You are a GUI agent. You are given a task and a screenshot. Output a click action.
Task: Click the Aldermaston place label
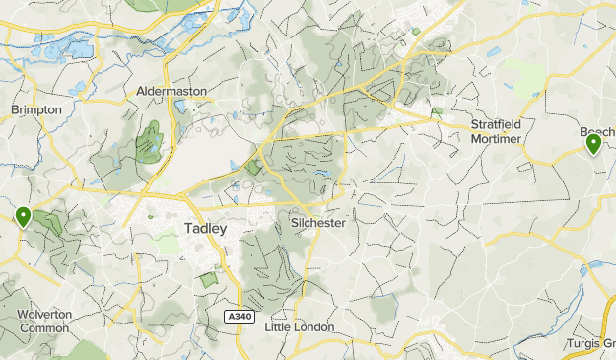pyautogui.click(x=172, y=90)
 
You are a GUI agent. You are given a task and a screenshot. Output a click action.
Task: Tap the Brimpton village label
pyautogui.click(x=36, y=109)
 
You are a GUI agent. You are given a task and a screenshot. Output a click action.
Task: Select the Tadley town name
pyautogui.click(x=205, y=228)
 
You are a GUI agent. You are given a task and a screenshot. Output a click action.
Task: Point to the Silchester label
pyautogui.click(x=318, y=223)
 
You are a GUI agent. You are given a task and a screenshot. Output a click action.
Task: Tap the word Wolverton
pyautogui.click(x=45, y=314)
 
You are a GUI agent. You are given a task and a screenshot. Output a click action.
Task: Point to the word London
pyautogui.click(x=315, y=326)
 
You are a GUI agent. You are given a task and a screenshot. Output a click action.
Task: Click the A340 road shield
pyautogui.click(x=238, y=316)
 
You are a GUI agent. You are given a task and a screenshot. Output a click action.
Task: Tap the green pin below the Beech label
pyautogui.click(x=593, y=145)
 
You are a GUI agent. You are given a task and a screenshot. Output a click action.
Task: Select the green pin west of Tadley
pyautogui.click(x=22, y=216)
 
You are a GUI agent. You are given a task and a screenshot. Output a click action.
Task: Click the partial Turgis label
pyautogui.click(x=589, y=342)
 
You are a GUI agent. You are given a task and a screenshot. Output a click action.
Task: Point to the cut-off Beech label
pyautogui.click(x=595, y=131)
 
